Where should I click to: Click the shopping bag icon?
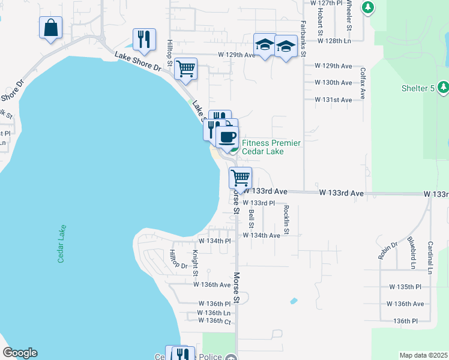pyautogui.click(x=50, y=28)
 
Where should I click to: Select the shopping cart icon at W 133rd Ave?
pyautogui.click(x=240, y=178)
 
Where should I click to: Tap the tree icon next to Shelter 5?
pyautogui.click(x=443, y=88)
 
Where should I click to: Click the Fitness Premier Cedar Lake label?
pyautogui.click(x=271, y=147)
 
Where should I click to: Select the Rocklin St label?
pyautogui.click(x=286, y=220)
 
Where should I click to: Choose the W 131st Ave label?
pyautogui.click(x=333, y=100)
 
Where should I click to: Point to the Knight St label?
pyautogui.click(x=195, y=263)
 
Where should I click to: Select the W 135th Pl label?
pyautogui.click(x=405, y=287)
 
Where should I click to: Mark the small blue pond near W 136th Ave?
pyautogui.click(x=293, y=301)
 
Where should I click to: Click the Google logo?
pyautogui.click(x=20, y=353)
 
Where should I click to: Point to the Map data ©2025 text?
pyautogui.click(x=423, y=355)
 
